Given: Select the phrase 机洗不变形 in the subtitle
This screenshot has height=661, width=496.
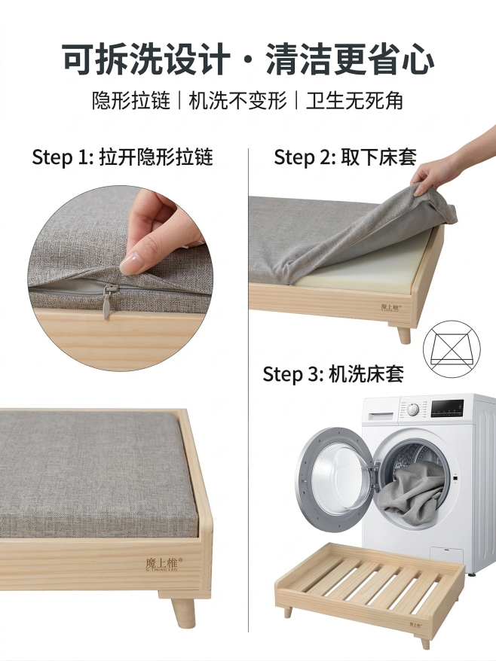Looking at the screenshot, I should click(x=238, y=101).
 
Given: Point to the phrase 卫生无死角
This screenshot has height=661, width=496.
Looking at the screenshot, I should click(x=354, y=101).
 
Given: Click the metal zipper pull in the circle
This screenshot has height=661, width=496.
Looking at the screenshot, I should click(x=111, y=300).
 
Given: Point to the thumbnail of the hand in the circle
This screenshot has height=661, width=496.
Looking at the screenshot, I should click(x=162, y=230).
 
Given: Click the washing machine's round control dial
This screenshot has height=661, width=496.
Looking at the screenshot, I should click(x=412, y=410).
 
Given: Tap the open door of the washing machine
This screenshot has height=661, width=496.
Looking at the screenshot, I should click(x=334, y=470).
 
